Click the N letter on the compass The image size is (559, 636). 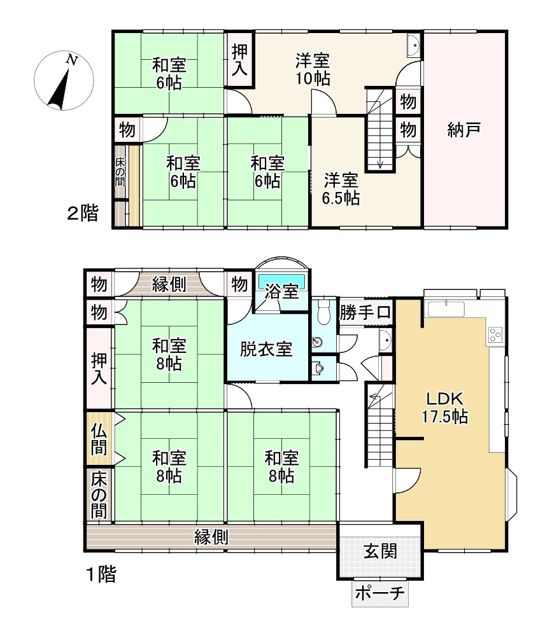(x=72, y=60)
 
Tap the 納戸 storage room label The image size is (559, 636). (x=464, y=130)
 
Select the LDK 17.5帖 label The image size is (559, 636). (x=445, y=408)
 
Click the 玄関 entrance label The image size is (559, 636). (x=380, y=551)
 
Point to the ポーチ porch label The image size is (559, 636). (x=380, y=593)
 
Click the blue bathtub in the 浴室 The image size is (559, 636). (x=282, y=280)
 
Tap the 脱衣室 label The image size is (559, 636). (x=266, y=349)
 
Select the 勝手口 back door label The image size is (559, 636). (x=365, y=312)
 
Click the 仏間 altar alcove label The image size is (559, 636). (x=99, y=439)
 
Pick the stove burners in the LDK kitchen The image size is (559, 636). (x=495, y=335)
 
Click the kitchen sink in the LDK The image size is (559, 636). (x=446, y=308)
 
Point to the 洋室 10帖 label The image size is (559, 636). (x=312, y=69)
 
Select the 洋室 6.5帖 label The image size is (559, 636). (x=341, y=189)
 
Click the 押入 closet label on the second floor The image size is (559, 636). (x=239, y=60)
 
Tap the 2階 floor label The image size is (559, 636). (x=83, y=213)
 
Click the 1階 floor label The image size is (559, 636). (x=101, y=574)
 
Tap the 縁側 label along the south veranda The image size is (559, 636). (x=211, y=537)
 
